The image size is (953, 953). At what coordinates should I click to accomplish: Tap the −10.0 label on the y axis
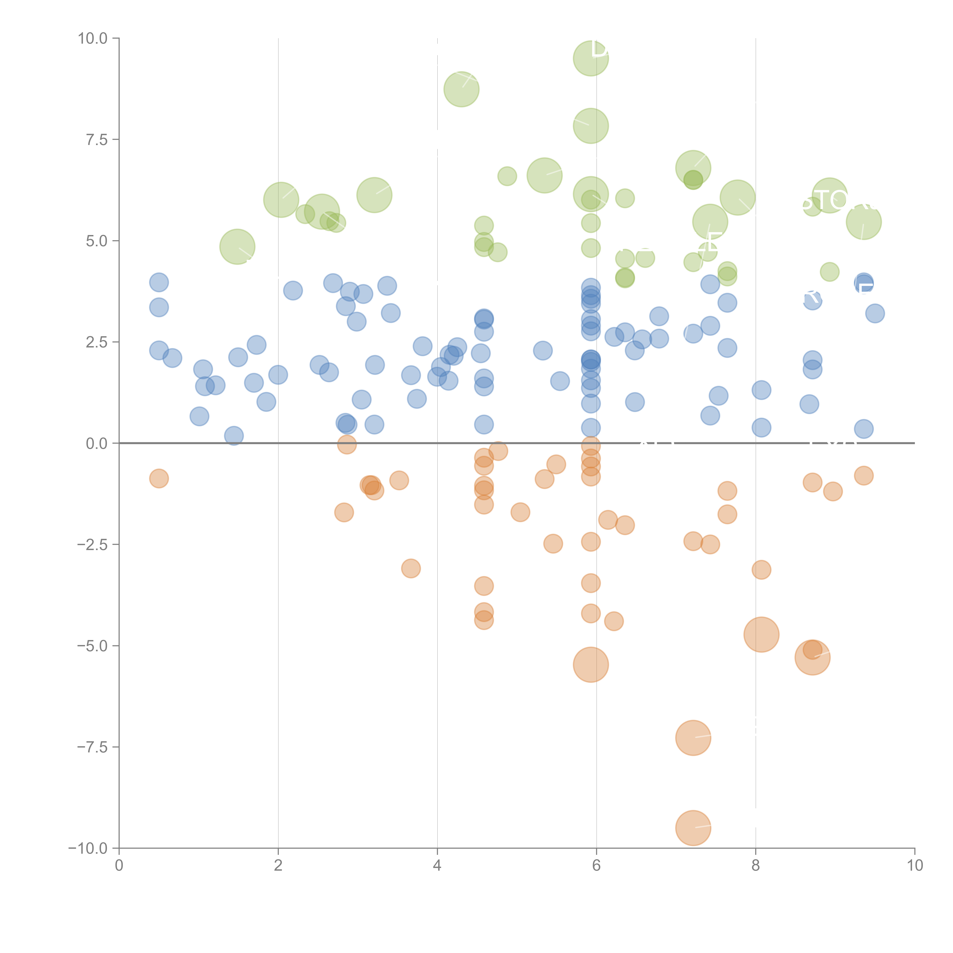coord(88,848)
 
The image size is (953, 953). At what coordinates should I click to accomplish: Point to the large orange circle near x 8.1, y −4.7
coord(761,634)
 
